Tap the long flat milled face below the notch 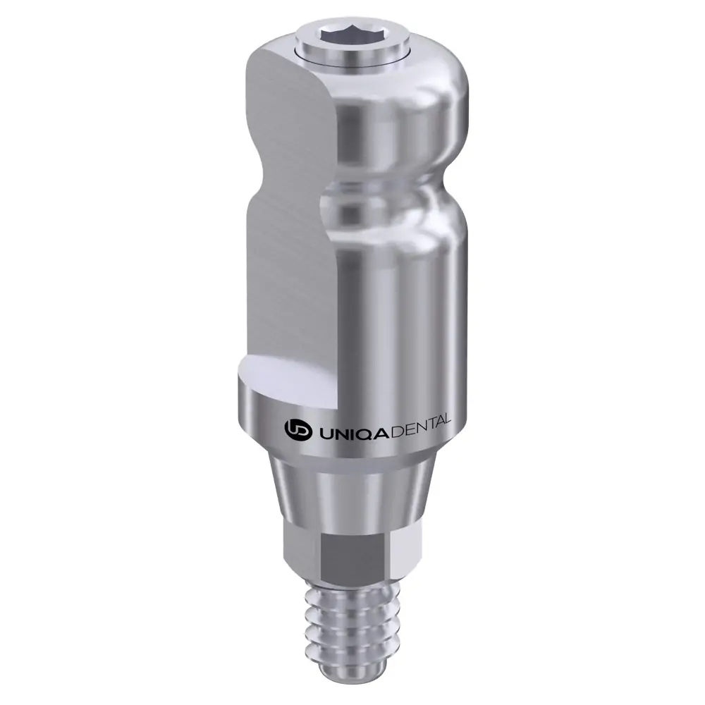(289, 282)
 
